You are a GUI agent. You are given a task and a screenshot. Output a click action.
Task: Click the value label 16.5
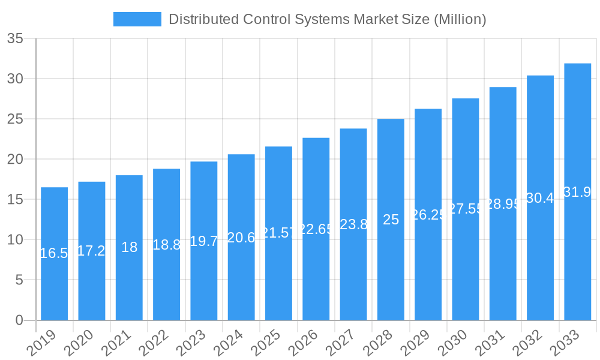[x=54, y=253]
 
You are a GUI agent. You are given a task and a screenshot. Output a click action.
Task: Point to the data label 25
[x=391, y=220]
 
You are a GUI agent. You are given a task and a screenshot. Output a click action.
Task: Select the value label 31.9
[x=577, y=192]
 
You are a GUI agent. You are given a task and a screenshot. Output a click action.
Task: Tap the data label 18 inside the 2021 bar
[x=129, y=247]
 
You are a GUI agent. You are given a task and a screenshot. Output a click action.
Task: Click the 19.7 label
[x=203, y=241]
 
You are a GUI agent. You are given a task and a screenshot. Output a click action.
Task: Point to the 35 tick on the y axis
[x=15, y=39]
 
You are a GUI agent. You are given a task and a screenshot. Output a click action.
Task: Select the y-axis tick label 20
[x=15, y=160]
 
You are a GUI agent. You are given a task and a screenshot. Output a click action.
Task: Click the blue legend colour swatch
[x=137, y=19]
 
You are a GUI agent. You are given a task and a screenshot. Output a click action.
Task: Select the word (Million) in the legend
[x=459, y=19]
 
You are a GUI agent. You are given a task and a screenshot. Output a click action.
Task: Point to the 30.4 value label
[x=540, y=198]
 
